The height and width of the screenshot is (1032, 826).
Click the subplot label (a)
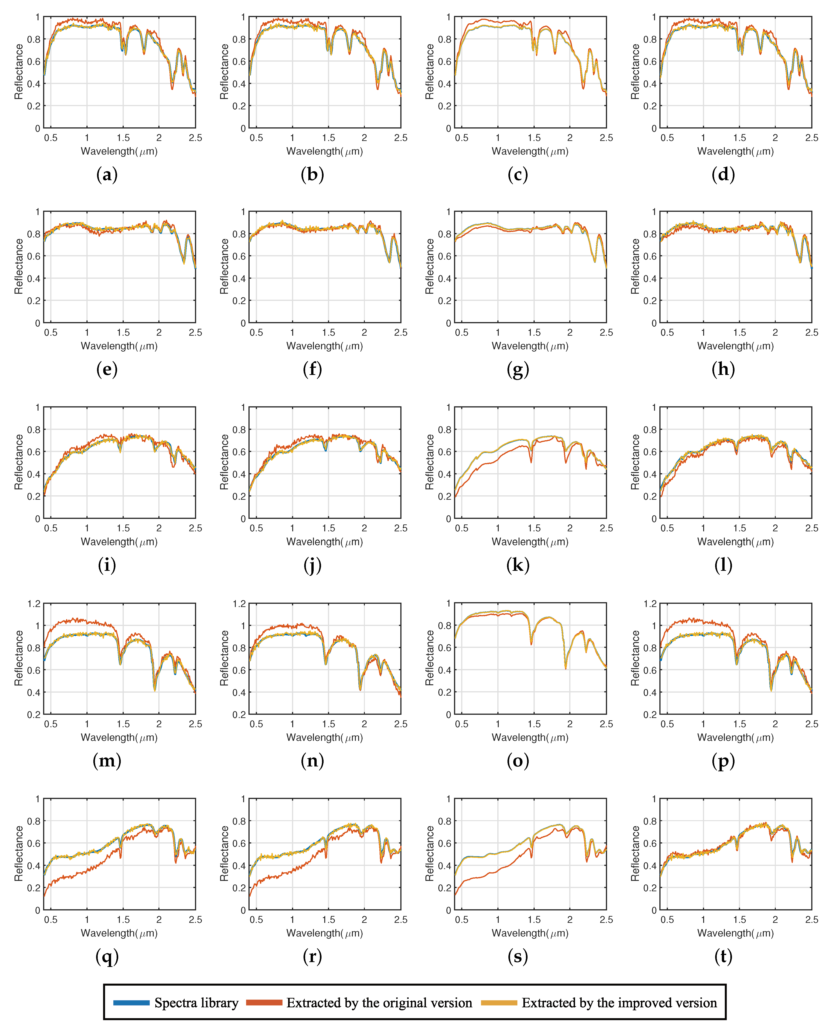click(x=107, y=175)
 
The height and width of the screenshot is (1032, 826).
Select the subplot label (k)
click(x=517, y=565)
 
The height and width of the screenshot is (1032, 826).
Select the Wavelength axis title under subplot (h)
click(x=735, y=346)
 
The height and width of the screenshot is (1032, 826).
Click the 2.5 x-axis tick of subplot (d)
click(x=811, y=138)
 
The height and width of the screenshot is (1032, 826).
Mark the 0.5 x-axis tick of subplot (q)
click(x=51, y=919)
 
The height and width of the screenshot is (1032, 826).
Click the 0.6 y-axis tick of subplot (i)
click(x=34, y=452)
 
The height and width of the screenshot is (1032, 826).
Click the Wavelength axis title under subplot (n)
click(x=324, y=738)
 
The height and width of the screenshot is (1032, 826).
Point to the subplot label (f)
click(x=312, y=370)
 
